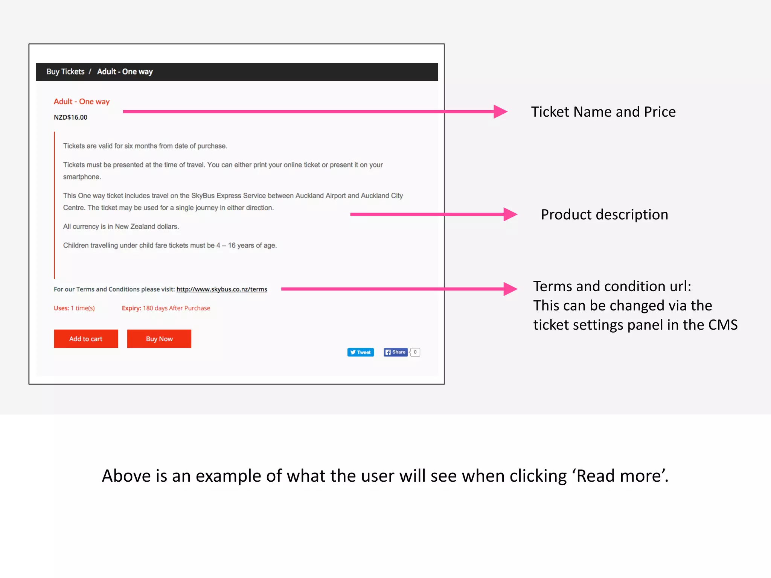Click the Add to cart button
[x=86, y=339]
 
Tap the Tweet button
[x=360, y=352]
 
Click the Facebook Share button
[x=395, y=352]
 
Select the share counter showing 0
[x=415, y=352]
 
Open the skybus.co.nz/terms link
[x=222, y=289]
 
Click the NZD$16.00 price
[x=70, y=117]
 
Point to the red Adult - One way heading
[x=82, y=102]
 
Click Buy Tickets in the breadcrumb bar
[x=66, y=71]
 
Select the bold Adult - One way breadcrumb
[x=125, y=71]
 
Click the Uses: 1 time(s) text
[x=74, y=308]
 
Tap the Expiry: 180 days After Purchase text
[x=166, y=308]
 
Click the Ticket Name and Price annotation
[x=603, y=112]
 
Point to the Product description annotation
[x=604, y=214]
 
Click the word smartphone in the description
[x=82, y=177]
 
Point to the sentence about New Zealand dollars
[x=121, y=227]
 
